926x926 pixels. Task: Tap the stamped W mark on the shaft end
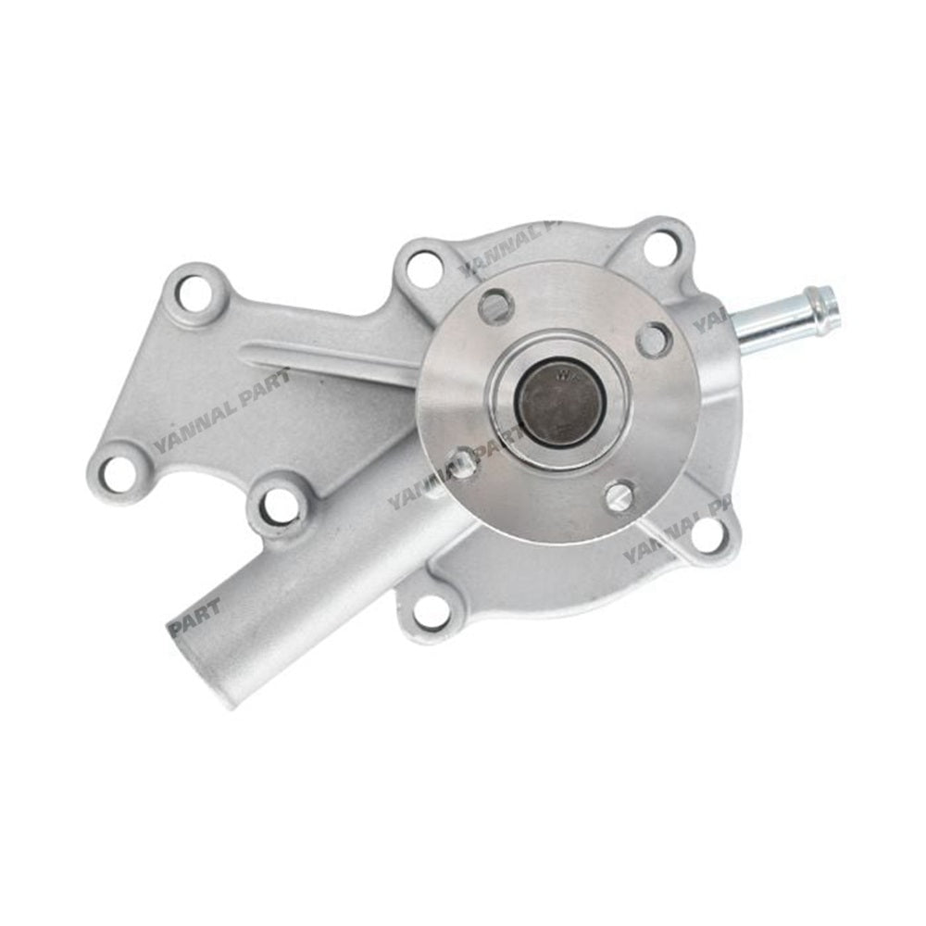click(563, 377)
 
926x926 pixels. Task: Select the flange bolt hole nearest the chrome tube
click(653, 339)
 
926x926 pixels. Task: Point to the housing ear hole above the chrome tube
click(659, 245)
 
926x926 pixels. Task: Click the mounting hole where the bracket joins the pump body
click(423, 269)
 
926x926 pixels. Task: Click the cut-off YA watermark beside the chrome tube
click(711, 321)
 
